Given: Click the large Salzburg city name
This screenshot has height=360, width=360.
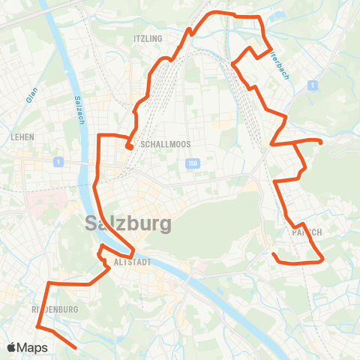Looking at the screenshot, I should tap(128, 223).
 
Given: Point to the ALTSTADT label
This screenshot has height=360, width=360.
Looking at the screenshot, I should tap(133, 262).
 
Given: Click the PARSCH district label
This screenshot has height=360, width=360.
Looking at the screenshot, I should tap(306, 232).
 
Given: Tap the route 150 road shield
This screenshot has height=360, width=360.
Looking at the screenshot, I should tap(192, 163).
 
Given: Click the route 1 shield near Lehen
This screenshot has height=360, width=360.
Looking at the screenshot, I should tap(57, 162).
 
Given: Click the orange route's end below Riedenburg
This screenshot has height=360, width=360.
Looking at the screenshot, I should tap(76, 347).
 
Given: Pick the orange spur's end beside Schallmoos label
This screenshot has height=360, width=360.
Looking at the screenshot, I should tap(130, 148).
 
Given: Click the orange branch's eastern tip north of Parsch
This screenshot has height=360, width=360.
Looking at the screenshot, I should tap(321, 142).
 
